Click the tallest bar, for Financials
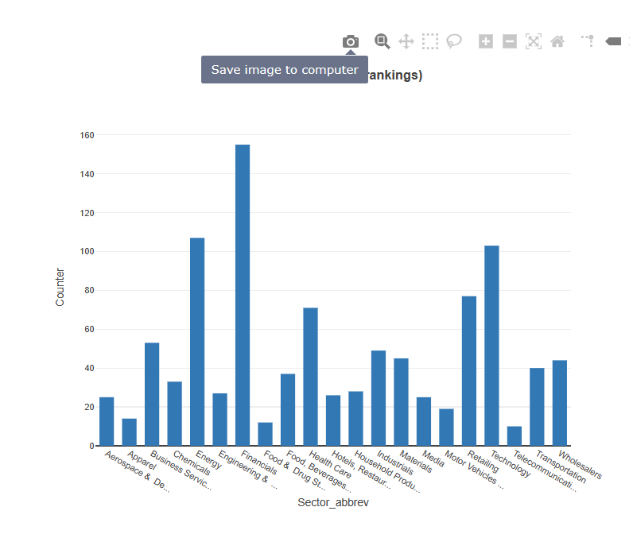click(x=243, y=295)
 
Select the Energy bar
click(x=197, y=342)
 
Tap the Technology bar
click(x=491, y=346)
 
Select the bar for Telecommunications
click(x=515, y=436)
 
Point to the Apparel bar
click(x=129, y=432)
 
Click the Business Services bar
click(x=152, y=394)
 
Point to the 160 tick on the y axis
click(x=87, y=135)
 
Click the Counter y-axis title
click(x=60, y=287)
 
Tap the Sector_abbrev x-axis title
click(x=333, y=503)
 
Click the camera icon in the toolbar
click(x=350, y=41)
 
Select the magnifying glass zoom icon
click(x=383, y=41)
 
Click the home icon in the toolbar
click(x=557, y=41)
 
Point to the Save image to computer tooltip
click(x=284, y=70)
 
